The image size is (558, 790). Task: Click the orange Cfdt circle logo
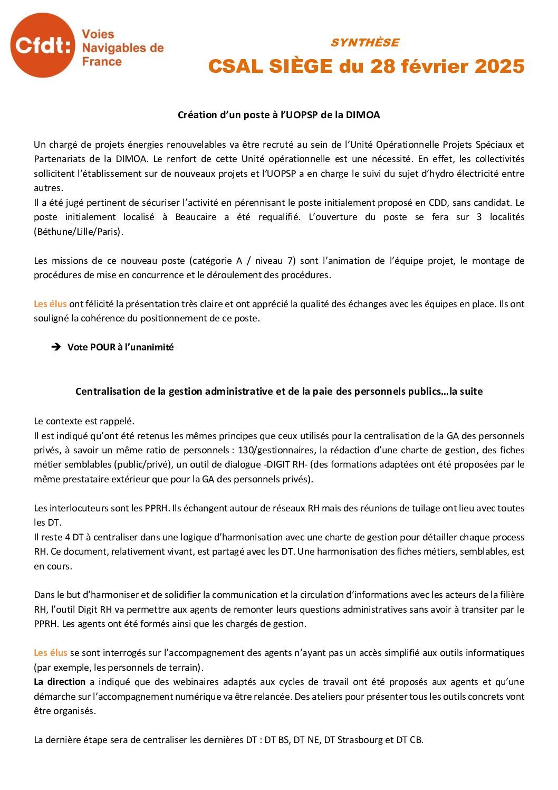[42, 45]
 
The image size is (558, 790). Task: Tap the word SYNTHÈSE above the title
[365, 43]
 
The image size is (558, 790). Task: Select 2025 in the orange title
[499, 66]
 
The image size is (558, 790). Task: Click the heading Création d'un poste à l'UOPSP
[278, 115]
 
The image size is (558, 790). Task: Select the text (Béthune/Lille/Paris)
[79, 232]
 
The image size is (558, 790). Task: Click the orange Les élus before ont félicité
[50, 304]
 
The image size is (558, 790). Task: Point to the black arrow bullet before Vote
[56, 347]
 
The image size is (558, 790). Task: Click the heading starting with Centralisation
[278, 392]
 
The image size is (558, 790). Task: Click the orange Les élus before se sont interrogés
[50, 653]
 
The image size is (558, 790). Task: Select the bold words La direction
[60, 682]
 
